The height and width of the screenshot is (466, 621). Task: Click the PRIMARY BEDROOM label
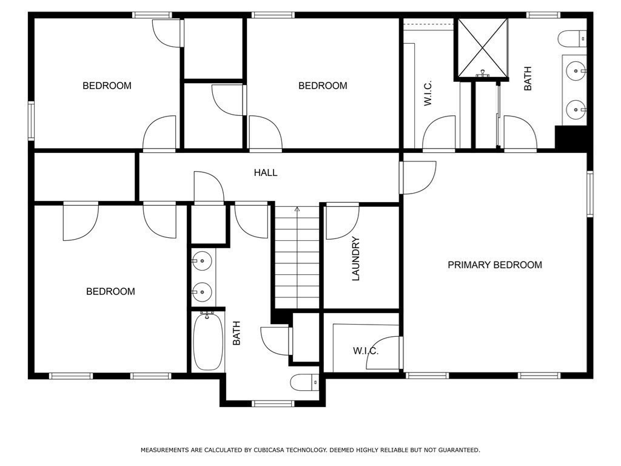tap(494, 265)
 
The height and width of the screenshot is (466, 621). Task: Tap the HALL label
tap(266, 173)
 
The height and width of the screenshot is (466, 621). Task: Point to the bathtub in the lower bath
tap(207, 341)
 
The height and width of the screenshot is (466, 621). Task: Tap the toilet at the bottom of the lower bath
tap(304, 382)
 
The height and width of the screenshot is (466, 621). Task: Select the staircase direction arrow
tap(297, 211)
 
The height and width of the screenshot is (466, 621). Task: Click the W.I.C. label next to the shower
tap(428, 93)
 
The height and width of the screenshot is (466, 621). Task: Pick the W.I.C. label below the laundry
tap(366, 351)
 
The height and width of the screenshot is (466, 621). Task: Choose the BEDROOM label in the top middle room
tap(323, 86)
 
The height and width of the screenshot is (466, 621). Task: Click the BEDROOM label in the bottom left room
tap(110, 292)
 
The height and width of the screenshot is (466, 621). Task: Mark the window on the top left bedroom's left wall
tap(31, 121)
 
